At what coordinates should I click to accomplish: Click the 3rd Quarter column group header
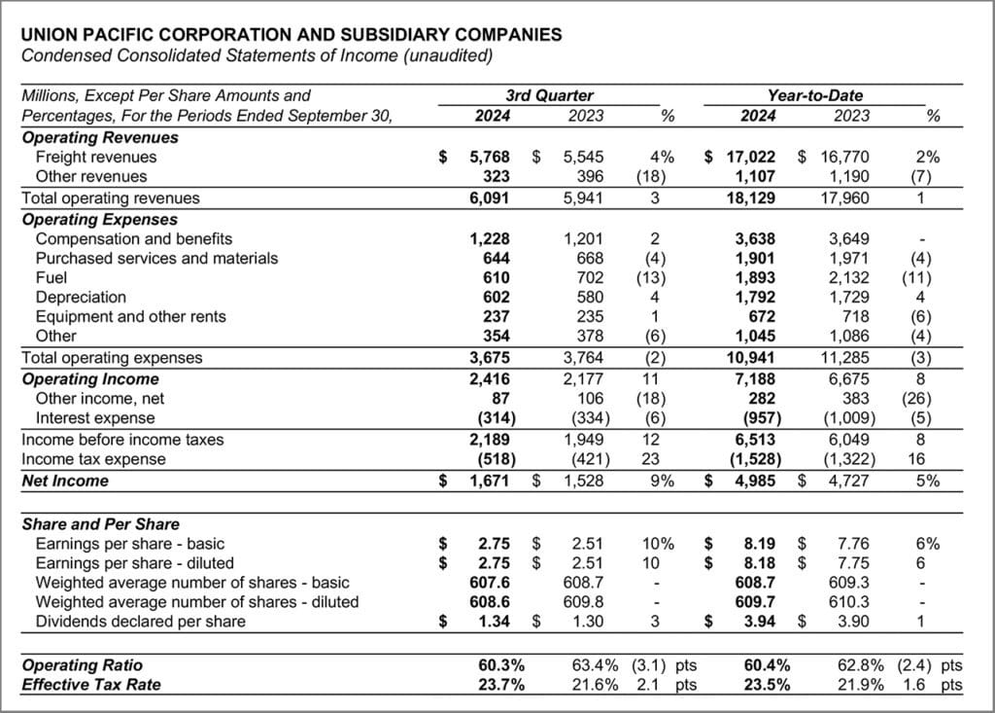click(549, 95)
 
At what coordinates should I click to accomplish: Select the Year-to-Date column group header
click(813, 95)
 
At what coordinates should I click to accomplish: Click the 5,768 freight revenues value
click(489, 157)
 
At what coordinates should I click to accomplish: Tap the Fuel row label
click(51, 277)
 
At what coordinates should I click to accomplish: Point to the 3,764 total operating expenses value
click(583, 357)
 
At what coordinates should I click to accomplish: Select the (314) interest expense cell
click(491, 417)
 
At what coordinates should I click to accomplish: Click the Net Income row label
click(65, 481)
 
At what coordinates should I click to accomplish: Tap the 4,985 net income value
click(754, 481)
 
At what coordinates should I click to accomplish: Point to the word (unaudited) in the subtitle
click(445, 54)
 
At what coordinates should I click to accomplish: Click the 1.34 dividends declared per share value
click(494, 622)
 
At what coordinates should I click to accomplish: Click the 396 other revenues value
click(590, 176)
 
